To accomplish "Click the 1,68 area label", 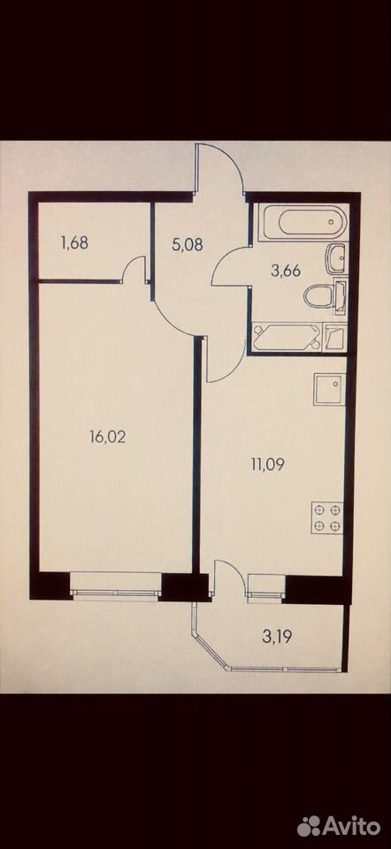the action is (74, 242).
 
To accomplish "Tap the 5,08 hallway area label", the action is (188, 244).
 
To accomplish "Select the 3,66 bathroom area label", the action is (286, 271).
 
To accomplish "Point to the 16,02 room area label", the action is (107, 436).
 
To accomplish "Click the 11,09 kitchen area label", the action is (267, 463).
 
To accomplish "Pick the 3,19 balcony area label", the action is (277, 636).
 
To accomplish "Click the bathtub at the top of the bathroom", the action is (301, 222).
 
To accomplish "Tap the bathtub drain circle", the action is (331, 222).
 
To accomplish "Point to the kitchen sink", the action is (329, 389).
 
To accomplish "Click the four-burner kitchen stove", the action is (327, 517).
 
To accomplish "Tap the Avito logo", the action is (339, 826).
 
